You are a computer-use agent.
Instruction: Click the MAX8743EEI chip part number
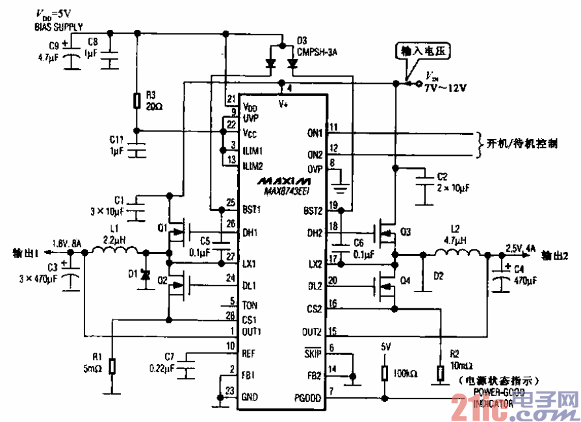287,192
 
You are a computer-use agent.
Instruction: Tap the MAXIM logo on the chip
283,180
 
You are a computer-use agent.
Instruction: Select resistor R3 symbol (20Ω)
136,101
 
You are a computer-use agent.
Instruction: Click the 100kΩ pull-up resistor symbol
385,374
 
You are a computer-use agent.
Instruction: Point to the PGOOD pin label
308,397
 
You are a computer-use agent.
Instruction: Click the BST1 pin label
253,210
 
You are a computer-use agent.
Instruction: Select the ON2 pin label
315,155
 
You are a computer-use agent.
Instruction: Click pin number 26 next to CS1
229,316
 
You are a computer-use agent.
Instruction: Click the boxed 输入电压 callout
422,50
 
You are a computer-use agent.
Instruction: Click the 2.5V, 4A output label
520,248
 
